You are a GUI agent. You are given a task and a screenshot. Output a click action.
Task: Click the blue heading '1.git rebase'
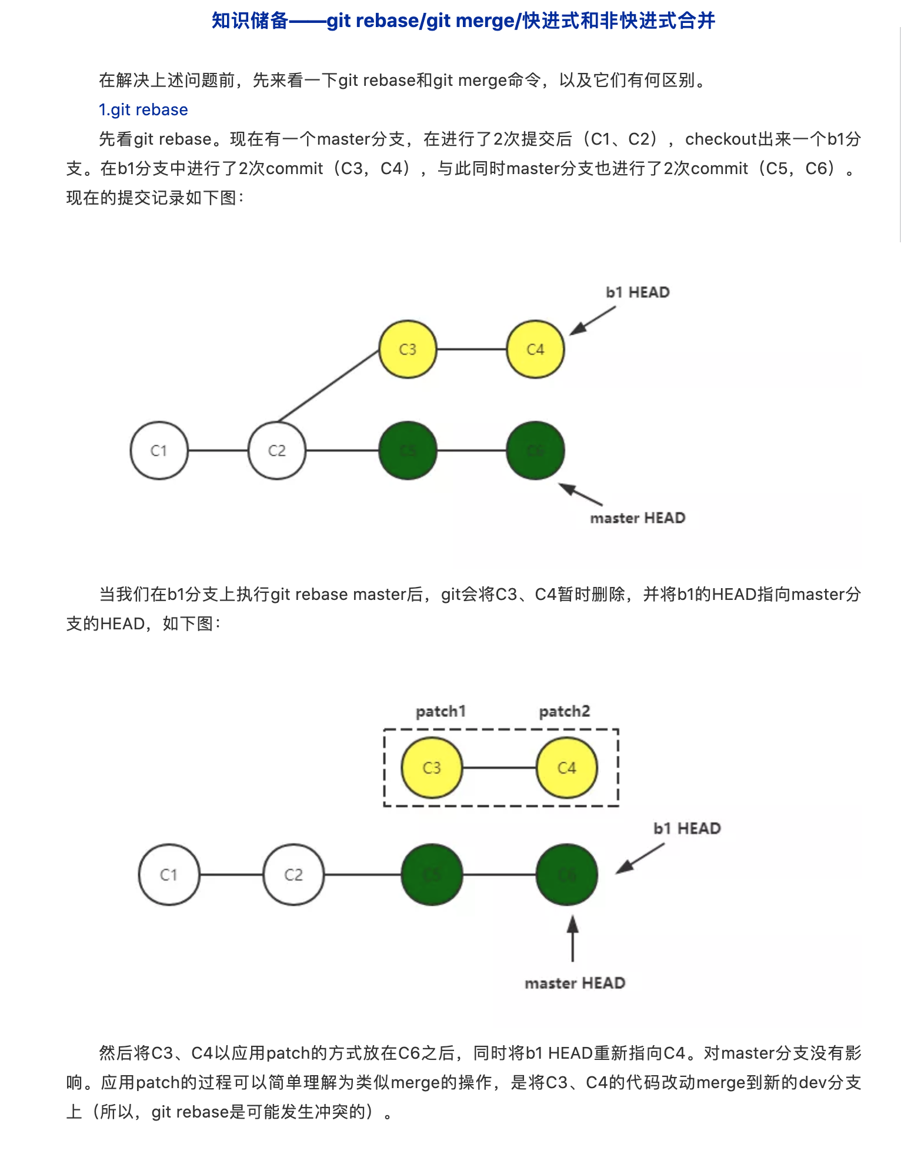tap(143, 110)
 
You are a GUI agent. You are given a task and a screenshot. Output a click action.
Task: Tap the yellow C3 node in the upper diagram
tap(408, 349)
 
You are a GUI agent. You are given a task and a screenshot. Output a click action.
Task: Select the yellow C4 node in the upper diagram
tap(535, 349)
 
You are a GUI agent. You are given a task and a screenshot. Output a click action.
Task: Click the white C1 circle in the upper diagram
tap(159, 451)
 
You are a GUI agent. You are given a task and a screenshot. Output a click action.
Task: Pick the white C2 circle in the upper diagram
tap(277, 451)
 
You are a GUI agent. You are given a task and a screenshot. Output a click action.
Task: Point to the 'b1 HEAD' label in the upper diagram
tap(638, 292)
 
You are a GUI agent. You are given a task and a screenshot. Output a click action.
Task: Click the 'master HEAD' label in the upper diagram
tap(638, 518)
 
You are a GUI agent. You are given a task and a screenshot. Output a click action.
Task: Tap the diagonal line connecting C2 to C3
tap(328, 386)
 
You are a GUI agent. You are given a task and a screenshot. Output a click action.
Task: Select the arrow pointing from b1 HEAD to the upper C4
tap(592, 321)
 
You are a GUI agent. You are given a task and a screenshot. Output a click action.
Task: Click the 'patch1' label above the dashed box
tap(441, 712)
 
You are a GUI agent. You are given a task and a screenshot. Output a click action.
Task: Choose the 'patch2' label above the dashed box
tap(564, 712)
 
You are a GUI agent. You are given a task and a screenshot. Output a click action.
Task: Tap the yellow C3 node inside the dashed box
tap(432, 768)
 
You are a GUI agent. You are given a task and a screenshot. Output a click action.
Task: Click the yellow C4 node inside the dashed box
tap(566, 768)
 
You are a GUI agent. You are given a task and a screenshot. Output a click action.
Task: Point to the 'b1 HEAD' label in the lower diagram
tap(687, 829)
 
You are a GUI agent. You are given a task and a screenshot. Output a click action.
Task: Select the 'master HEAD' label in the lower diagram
tap(575, 983)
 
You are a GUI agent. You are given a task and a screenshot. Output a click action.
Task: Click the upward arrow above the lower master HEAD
tap(572, 938)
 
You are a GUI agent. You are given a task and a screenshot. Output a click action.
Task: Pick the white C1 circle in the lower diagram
tap(169, 875)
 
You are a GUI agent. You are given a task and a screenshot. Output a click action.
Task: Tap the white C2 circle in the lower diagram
tap(293, 875)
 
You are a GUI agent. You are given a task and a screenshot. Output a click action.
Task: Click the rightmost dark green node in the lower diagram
tap(566, 875)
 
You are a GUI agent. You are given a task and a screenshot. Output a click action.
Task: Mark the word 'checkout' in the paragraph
tap(721, 139)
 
